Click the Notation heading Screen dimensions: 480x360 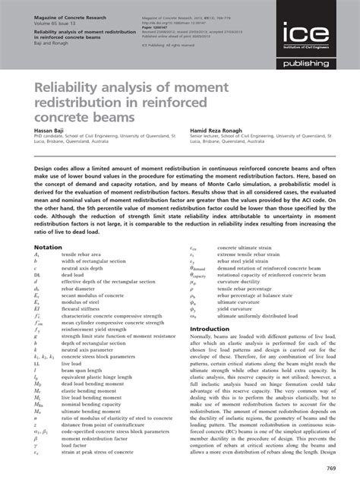coord(48,226)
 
